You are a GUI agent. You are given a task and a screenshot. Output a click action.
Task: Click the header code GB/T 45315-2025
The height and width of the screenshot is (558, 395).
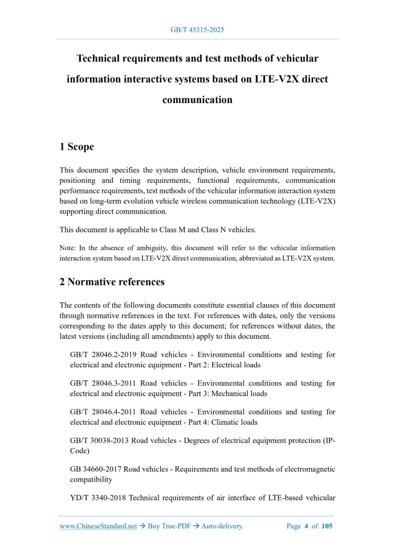coord(197,30)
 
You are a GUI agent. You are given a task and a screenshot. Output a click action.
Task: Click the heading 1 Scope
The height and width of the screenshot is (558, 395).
coord(76,147)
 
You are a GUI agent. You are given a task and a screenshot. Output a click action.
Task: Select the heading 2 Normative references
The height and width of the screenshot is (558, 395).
coord(112,282)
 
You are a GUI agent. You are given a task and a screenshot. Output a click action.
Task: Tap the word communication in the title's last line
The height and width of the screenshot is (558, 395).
coord(197,100)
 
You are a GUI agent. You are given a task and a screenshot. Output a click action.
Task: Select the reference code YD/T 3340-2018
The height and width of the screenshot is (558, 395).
coord(97,498)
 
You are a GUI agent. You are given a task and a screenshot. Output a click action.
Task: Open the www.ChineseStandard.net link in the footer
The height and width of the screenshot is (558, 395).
coord(98,526)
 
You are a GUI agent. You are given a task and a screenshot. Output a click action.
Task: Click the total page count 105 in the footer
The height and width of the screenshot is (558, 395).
coord(327,526)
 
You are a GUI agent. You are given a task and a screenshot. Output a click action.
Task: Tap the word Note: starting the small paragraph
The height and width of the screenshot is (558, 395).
coord(67,248)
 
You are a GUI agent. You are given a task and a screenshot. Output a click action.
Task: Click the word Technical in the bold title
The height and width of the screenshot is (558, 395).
coord(104,59)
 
